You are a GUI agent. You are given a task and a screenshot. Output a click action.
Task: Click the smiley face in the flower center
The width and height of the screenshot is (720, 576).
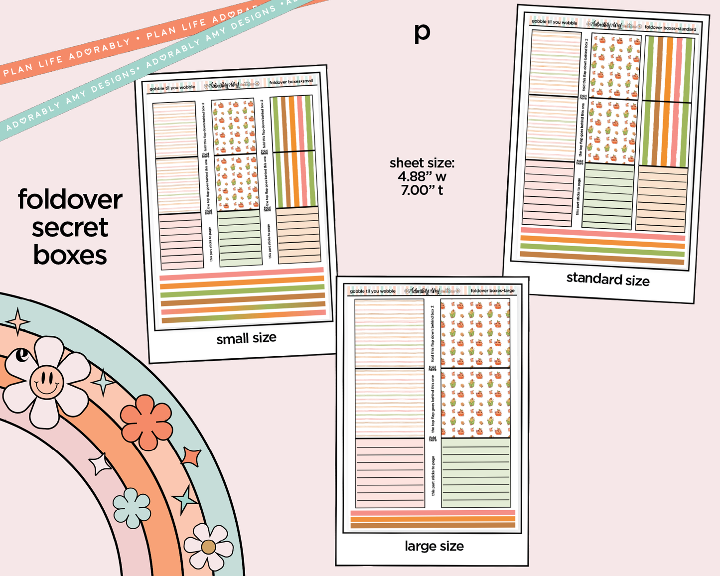(x=46, y=382)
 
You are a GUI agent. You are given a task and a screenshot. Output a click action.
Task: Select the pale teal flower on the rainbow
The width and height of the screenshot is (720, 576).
(x=132, y=508)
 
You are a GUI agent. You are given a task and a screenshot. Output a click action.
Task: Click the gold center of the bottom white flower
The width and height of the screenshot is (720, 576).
(x=208, y=547)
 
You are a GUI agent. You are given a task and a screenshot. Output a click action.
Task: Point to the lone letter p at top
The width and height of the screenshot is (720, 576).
(x=422, y=32)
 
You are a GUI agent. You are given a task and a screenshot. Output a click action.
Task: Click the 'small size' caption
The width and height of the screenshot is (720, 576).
(x=246, y=338)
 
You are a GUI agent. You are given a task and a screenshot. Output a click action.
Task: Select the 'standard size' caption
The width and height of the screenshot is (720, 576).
(x=607, y=279)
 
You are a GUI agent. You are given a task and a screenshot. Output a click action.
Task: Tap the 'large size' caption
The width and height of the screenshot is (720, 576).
(x=434, y=546)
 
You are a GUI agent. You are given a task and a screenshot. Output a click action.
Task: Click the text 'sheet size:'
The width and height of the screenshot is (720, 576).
(x=422, y=163)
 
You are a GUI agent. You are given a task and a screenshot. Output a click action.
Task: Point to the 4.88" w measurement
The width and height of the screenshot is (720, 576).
(x=422, y=176)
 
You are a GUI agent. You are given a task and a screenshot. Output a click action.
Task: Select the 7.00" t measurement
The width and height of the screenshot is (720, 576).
(x=422, y=190)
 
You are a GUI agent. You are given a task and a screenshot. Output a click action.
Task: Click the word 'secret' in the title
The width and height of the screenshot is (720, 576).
(x=70, y=228)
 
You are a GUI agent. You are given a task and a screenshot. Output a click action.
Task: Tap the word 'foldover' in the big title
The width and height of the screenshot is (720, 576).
(x=70, y=200)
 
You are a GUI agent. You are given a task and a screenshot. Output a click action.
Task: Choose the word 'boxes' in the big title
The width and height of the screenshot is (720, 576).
(x=70, y=255)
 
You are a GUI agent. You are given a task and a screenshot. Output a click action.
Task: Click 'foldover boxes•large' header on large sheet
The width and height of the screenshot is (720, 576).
(x=492, y=290)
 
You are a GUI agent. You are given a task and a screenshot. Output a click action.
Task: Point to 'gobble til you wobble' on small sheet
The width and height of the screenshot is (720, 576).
(x=172, y=88)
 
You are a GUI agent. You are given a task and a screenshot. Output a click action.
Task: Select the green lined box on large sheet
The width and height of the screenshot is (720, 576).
(x=476, y=473)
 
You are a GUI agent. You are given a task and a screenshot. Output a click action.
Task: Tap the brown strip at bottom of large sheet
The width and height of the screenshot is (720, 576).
(x=432, y=525)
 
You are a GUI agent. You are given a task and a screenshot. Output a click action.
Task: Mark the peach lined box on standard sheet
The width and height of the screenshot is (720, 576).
(x=662, y=199)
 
